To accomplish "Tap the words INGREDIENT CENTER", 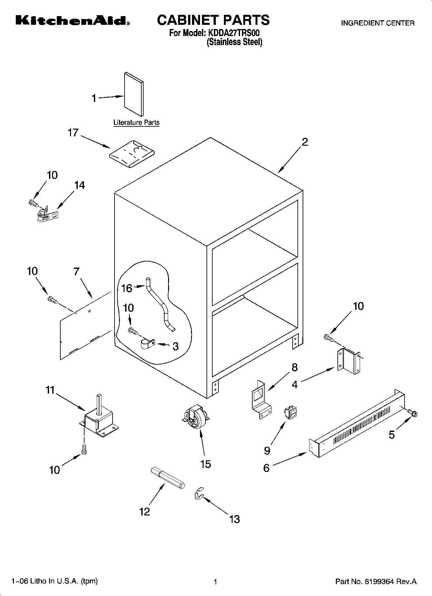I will click(377, 23).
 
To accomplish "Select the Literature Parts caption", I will click(136, 122).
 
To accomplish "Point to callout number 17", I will click(73, 132).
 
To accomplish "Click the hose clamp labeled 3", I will click(148, 344).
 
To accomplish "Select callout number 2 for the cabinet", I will click(305, 142).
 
